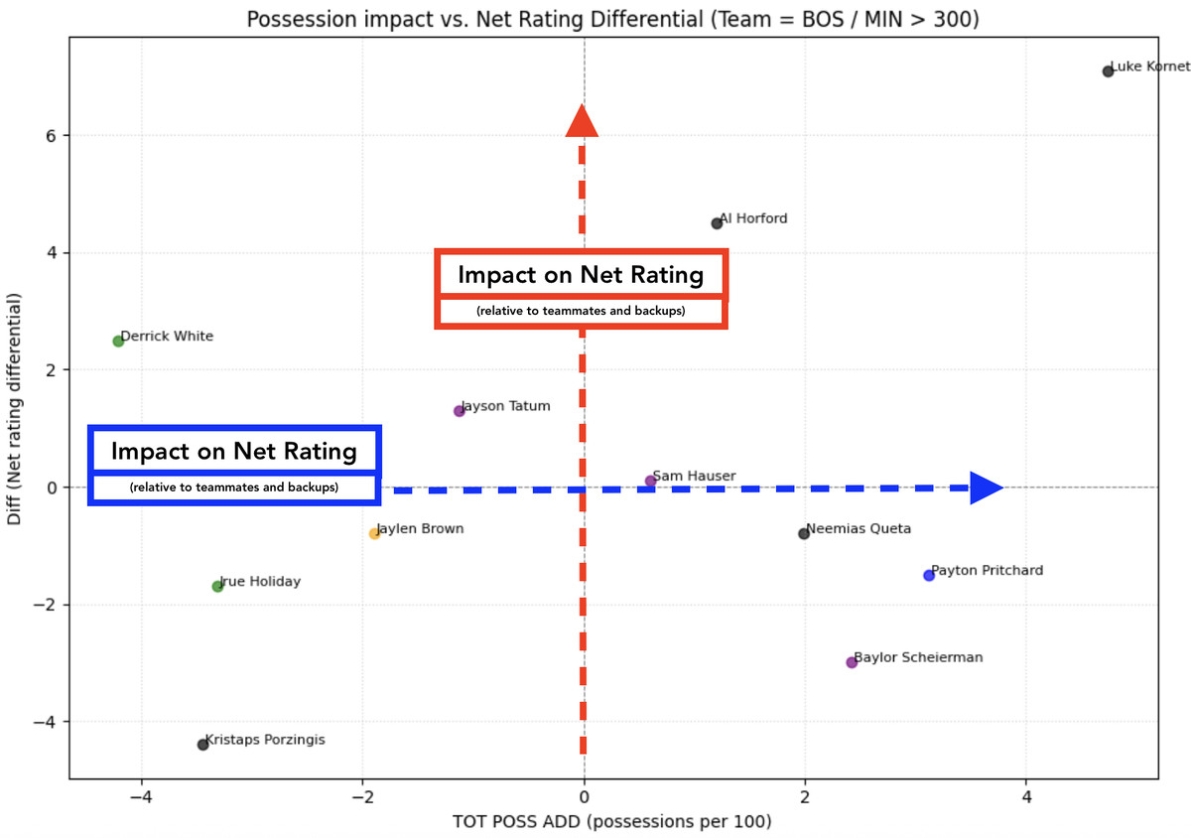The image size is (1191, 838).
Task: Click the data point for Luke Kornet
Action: click(1108, 71)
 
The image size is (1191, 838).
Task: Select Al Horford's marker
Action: click(717, 223)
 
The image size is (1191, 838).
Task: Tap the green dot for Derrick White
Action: click(118, 342)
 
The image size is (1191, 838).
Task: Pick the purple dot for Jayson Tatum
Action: click(459, 411)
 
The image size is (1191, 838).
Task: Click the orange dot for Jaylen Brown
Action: click(374, 534)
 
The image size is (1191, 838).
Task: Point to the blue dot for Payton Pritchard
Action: click(929, 576)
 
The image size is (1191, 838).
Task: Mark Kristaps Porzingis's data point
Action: click(202, 745)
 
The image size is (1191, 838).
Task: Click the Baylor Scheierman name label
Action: click(918, 657)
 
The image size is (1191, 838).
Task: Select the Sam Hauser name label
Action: click(694, 477)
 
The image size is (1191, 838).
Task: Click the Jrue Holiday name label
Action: click(260, 582)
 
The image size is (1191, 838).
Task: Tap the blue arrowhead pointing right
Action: click(986, 488)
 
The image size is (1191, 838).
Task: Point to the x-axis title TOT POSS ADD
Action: click(612, 822)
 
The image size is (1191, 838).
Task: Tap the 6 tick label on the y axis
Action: click(49, 136)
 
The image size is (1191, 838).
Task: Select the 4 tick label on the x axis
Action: click(1026, 797)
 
